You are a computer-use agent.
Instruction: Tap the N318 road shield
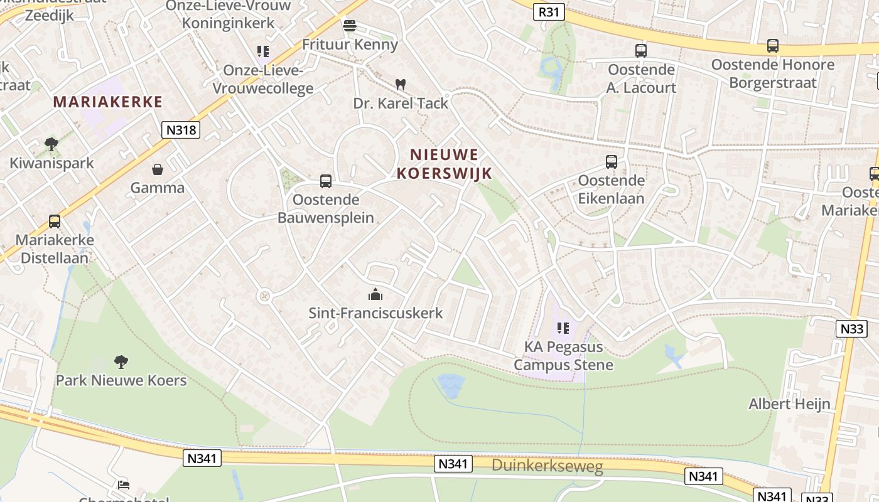pyautogui.click(x=180, y=130)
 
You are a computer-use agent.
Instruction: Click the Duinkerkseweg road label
pyautogui.click(x=547, y=466)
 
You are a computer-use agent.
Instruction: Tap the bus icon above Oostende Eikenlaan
pyautogui.click(x=612, y=162)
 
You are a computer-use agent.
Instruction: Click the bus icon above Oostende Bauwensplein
pyautogui.click(x=325, y=181)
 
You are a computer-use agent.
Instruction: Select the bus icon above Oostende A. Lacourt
pyautogui.click(x=640, y=51)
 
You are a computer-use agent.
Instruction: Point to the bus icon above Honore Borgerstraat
pyautogui.click(x=772, y=46)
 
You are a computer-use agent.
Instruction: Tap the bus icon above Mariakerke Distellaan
pyautogui.click(x=55, y=222)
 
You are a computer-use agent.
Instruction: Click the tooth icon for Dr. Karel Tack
pyautogui.click(x=400, y=84)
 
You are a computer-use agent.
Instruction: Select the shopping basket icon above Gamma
pyautogui.click(x=157, y=169)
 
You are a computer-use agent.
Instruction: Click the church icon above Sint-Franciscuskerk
pyautogui.click(x=375, y=294)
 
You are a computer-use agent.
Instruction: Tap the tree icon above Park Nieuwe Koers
pyautogui.click(x=121, y=361)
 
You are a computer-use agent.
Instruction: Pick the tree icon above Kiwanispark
pyautogui.click(x=51, y=144)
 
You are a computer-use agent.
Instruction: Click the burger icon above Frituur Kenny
pyautogui.click(x=349, y=26)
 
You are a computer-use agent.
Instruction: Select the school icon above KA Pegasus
pyautogui.click(x=563, y=328)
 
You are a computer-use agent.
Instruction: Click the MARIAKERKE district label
pyautogui.click(x=107, y=102)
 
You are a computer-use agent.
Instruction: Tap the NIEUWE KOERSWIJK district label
pyautogui.click(x=444, y=164)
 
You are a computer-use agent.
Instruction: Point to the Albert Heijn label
pyautogui.click(x=789, y=403)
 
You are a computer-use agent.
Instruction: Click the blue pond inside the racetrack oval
pyautogui.click(x=450, y=383)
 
